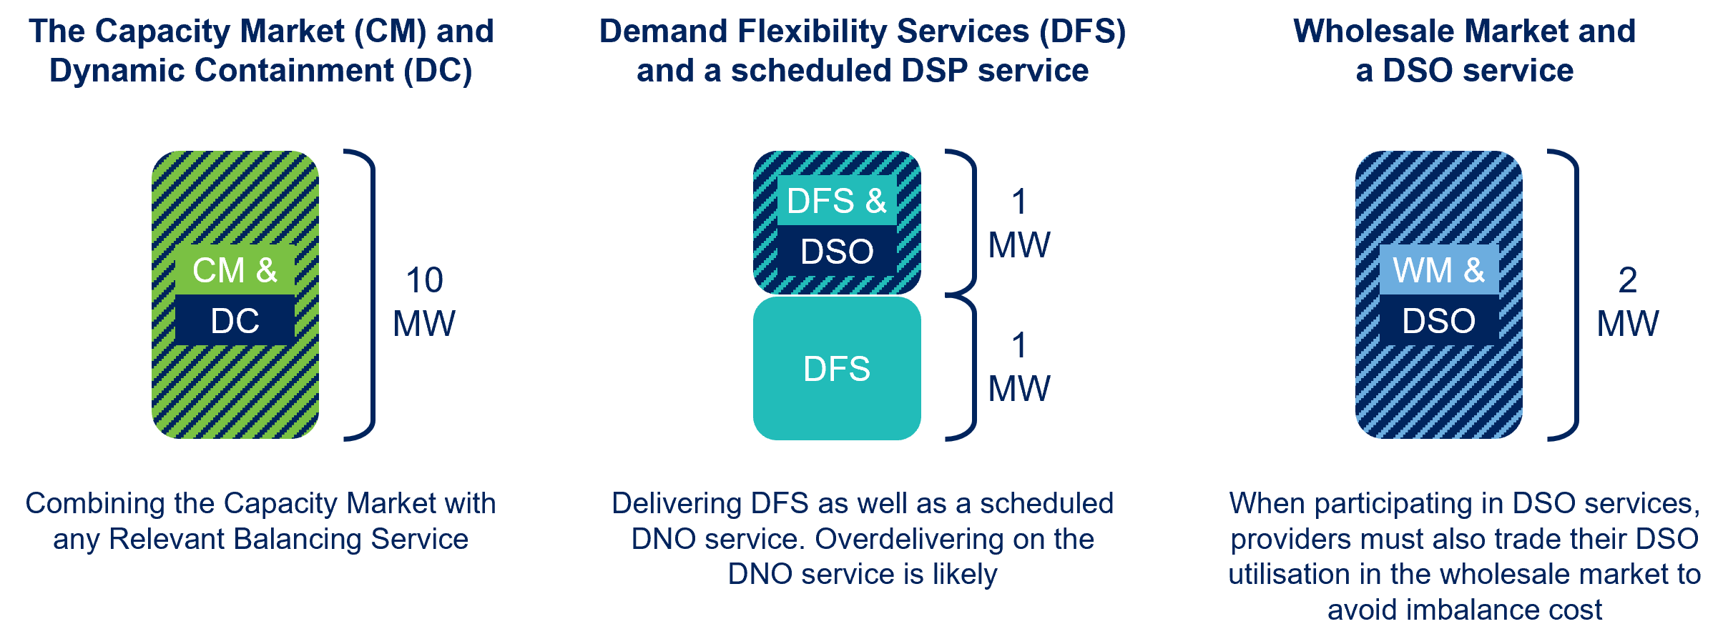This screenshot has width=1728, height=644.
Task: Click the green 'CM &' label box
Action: pos(235,270)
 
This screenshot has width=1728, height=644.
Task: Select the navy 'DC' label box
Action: pos(235,320)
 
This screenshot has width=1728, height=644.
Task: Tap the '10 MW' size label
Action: pos(424,301)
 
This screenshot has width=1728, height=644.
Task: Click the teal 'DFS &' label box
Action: pos(837,201)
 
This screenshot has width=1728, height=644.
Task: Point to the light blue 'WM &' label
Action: pos(1438,270)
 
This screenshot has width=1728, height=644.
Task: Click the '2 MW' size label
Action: pos(1628,301)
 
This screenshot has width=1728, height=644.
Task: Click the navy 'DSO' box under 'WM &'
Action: pos(1438,320)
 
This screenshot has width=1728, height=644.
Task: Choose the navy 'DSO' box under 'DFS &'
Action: pos(837,251)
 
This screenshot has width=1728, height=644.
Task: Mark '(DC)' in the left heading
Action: pos(438,71)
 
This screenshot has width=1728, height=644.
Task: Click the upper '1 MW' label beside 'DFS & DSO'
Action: pos(1019,223)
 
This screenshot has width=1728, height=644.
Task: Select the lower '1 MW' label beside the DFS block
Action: pos(1019,367)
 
